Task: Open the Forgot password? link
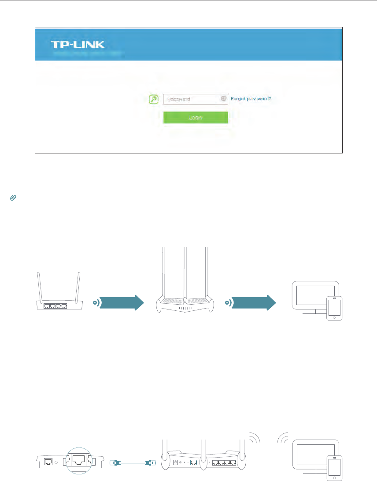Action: pos(251,99)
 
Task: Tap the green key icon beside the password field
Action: pos(154,99)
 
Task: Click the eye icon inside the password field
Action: pos(223,99)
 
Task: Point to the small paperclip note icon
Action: pos(12,199)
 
